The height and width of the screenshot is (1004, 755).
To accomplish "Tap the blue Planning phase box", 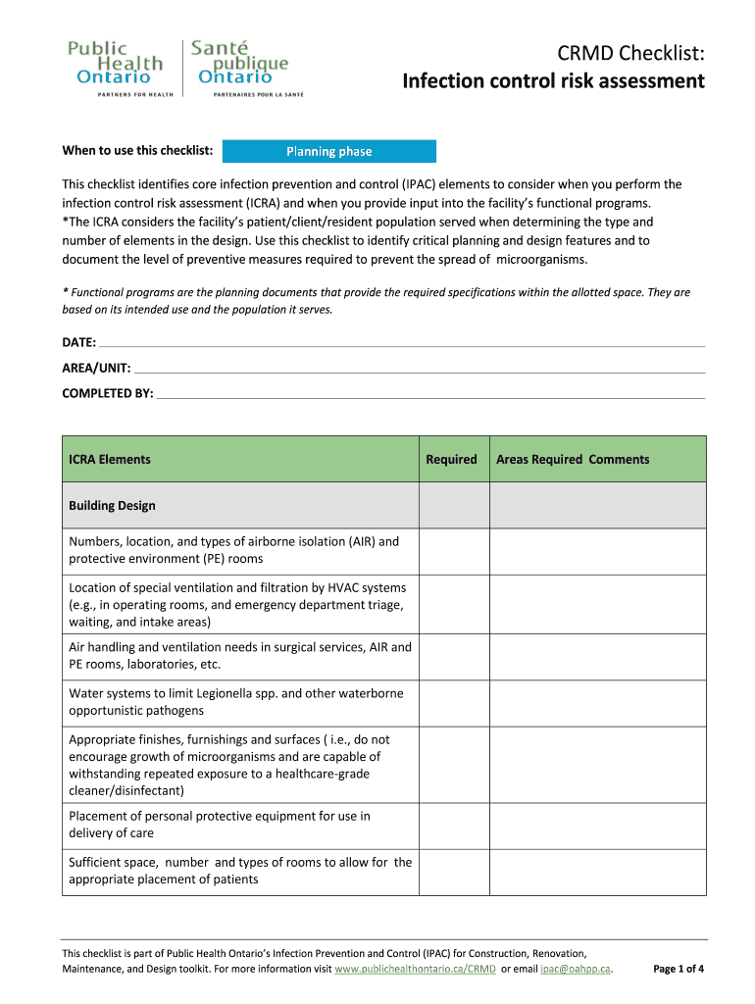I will point(329,151).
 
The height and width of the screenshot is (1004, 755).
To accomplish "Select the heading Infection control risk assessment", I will point(553,80).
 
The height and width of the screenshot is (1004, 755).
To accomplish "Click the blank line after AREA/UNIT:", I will point(418,369).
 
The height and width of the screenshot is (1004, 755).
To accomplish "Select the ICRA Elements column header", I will point(110,459).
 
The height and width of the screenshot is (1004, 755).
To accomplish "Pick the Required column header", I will point(451,459).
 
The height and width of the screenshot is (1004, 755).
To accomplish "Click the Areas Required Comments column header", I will point(573,459).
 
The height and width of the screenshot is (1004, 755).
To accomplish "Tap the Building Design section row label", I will point(112,506).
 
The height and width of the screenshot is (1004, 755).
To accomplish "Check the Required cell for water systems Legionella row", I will point(454,702).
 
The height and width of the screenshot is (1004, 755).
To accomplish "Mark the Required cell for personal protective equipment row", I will point(454,825).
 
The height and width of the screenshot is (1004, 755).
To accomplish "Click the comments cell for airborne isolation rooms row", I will point(597,550).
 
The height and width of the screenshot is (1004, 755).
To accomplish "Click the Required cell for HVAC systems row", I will point(454,604).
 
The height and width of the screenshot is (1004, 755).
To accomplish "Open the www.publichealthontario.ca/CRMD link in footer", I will point(415,969).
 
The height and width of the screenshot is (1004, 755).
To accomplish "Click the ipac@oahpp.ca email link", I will point(576,969).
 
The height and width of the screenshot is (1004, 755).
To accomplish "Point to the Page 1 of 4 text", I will point(679,969).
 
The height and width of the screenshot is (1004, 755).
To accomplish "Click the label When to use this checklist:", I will point(138,150).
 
